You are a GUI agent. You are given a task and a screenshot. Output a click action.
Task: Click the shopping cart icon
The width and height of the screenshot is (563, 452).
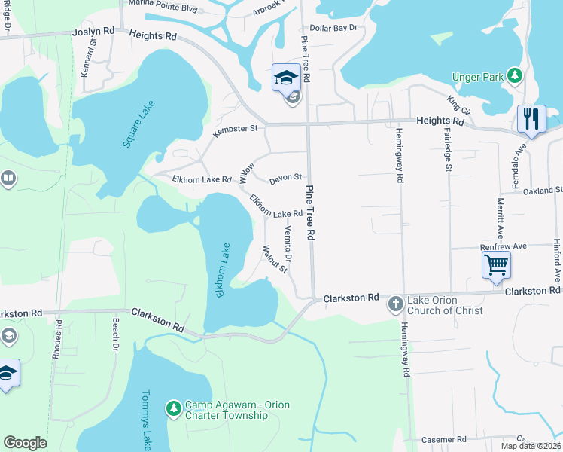(496, 265)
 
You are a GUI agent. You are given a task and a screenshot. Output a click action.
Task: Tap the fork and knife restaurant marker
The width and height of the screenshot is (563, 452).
(531, 119)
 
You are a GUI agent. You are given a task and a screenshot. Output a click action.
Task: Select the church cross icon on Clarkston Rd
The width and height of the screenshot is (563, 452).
(395, 304)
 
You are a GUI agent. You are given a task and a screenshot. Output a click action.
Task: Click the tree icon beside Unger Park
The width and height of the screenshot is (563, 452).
(515, 75)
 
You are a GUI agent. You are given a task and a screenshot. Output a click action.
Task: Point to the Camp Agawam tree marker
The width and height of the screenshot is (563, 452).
(174, 407)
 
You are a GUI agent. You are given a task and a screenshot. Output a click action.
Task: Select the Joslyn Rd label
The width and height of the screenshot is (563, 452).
(93, 33)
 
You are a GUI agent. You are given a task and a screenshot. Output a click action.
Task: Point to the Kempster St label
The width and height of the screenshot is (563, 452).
(236, 129)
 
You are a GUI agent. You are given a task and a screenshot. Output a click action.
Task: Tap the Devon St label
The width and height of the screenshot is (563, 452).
(285, 177)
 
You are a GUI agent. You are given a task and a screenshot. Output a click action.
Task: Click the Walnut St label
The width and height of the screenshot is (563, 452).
(275, 258)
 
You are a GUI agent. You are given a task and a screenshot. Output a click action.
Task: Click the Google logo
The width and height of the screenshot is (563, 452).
(26, 443)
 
